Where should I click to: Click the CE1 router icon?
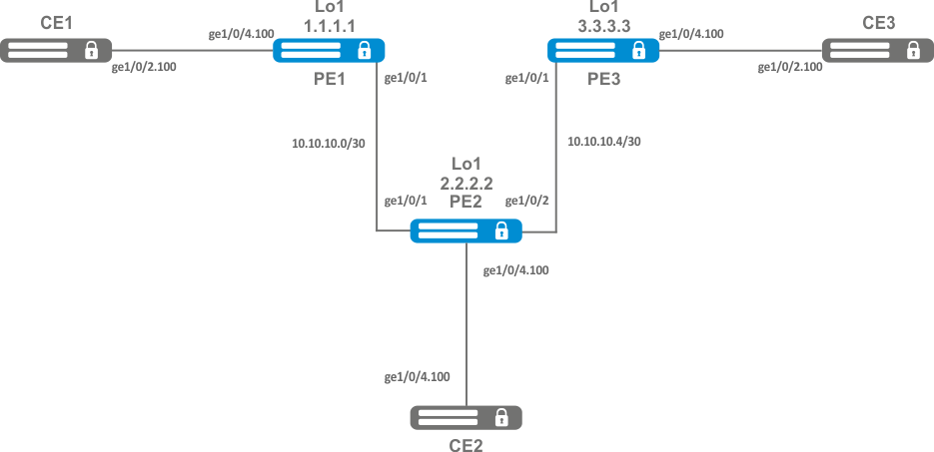[55, 50]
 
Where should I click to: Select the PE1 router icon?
[329, 50]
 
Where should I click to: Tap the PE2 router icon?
[467, 231]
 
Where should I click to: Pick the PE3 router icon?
[603, 50]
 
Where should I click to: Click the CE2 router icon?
[466, 417]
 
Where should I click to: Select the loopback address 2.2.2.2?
[467, 183]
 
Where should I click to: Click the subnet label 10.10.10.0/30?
[328, 143]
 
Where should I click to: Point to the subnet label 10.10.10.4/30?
[603, 142]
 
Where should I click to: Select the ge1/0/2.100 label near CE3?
[790, 67]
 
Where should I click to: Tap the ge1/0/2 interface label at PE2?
[526, 202]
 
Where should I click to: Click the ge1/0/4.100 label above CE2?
[417, 377]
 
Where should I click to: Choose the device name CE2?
[466, 444]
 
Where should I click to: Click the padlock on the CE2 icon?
[501, 417]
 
